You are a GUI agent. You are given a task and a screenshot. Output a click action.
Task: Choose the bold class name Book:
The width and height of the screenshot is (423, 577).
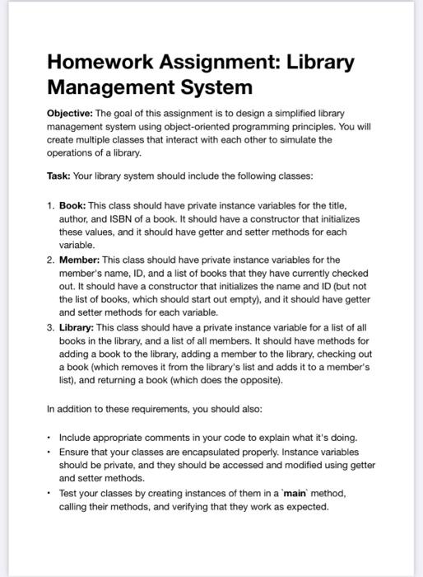[73, 204]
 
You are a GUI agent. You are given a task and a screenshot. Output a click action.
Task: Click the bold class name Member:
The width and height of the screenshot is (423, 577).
[81, 260]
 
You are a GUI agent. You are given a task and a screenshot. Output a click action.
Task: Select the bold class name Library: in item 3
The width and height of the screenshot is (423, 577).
[79, 327]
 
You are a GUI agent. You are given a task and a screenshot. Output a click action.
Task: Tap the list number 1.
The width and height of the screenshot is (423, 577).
[51, 204]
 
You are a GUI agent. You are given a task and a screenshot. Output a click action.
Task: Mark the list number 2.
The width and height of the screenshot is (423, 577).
[51, 260]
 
